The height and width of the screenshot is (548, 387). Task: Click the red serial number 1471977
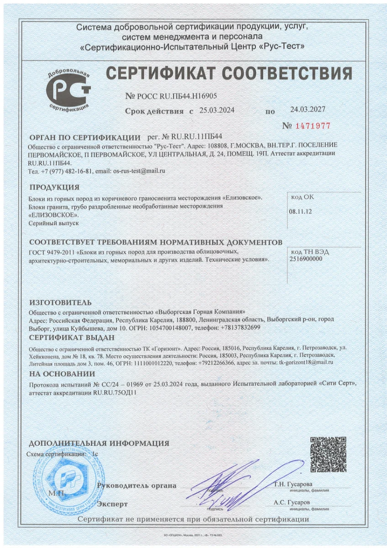click(313, 126)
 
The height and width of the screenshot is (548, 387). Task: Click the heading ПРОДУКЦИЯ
click(54, 187)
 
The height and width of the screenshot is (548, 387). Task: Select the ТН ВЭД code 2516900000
click(306, 258)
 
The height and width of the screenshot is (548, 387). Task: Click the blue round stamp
click(69, 479)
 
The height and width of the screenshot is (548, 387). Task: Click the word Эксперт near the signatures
click(113, 504)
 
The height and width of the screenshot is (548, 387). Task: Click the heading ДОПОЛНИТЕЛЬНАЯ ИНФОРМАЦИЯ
click(99, 443)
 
